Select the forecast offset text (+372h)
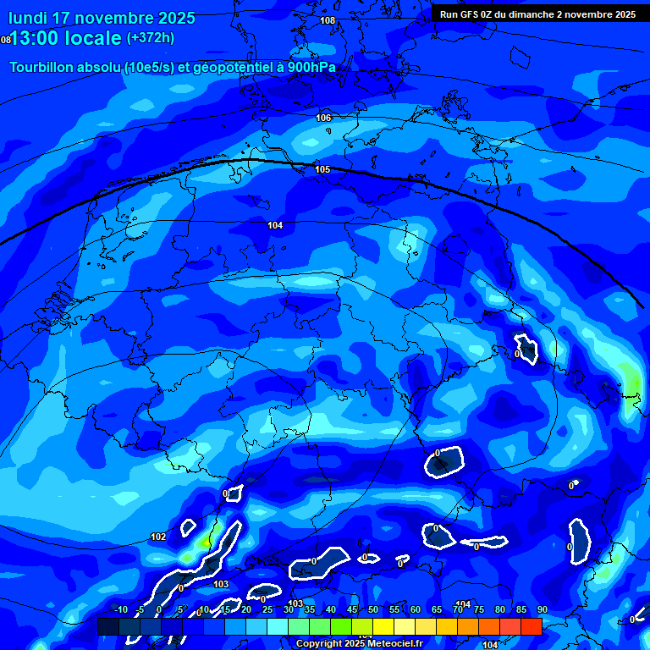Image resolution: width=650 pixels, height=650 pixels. coord(151,38)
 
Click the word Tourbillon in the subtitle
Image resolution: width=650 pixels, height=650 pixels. coord(47,68)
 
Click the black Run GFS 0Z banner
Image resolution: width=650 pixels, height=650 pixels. coord(539,14)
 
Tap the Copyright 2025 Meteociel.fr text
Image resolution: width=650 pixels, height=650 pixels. coord(359,644)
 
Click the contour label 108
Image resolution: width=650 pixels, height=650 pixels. coord(328,20)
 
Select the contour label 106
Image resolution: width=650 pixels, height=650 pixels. coord(323,118)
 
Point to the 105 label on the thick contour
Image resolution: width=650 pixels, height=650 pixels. coord(322,170)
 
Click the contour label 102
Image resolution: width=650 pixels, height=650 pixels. coord(158,537)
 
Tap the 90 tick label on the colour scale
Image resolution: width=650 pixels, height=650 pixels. coord(542,610)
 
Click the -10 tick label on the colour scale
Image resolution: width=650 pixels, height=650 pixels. coord(120,610)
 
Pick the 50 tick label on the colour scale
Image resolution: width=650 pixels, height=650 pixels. coord(372,610)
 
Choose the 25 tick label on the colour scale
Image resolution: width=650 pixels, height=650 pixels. coord(267,610)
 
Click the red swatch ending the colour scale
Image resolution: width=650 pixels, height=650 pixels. coord(531,626)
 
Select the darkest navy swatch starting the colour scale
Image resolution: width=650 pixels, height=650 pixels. coord(107,626)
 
